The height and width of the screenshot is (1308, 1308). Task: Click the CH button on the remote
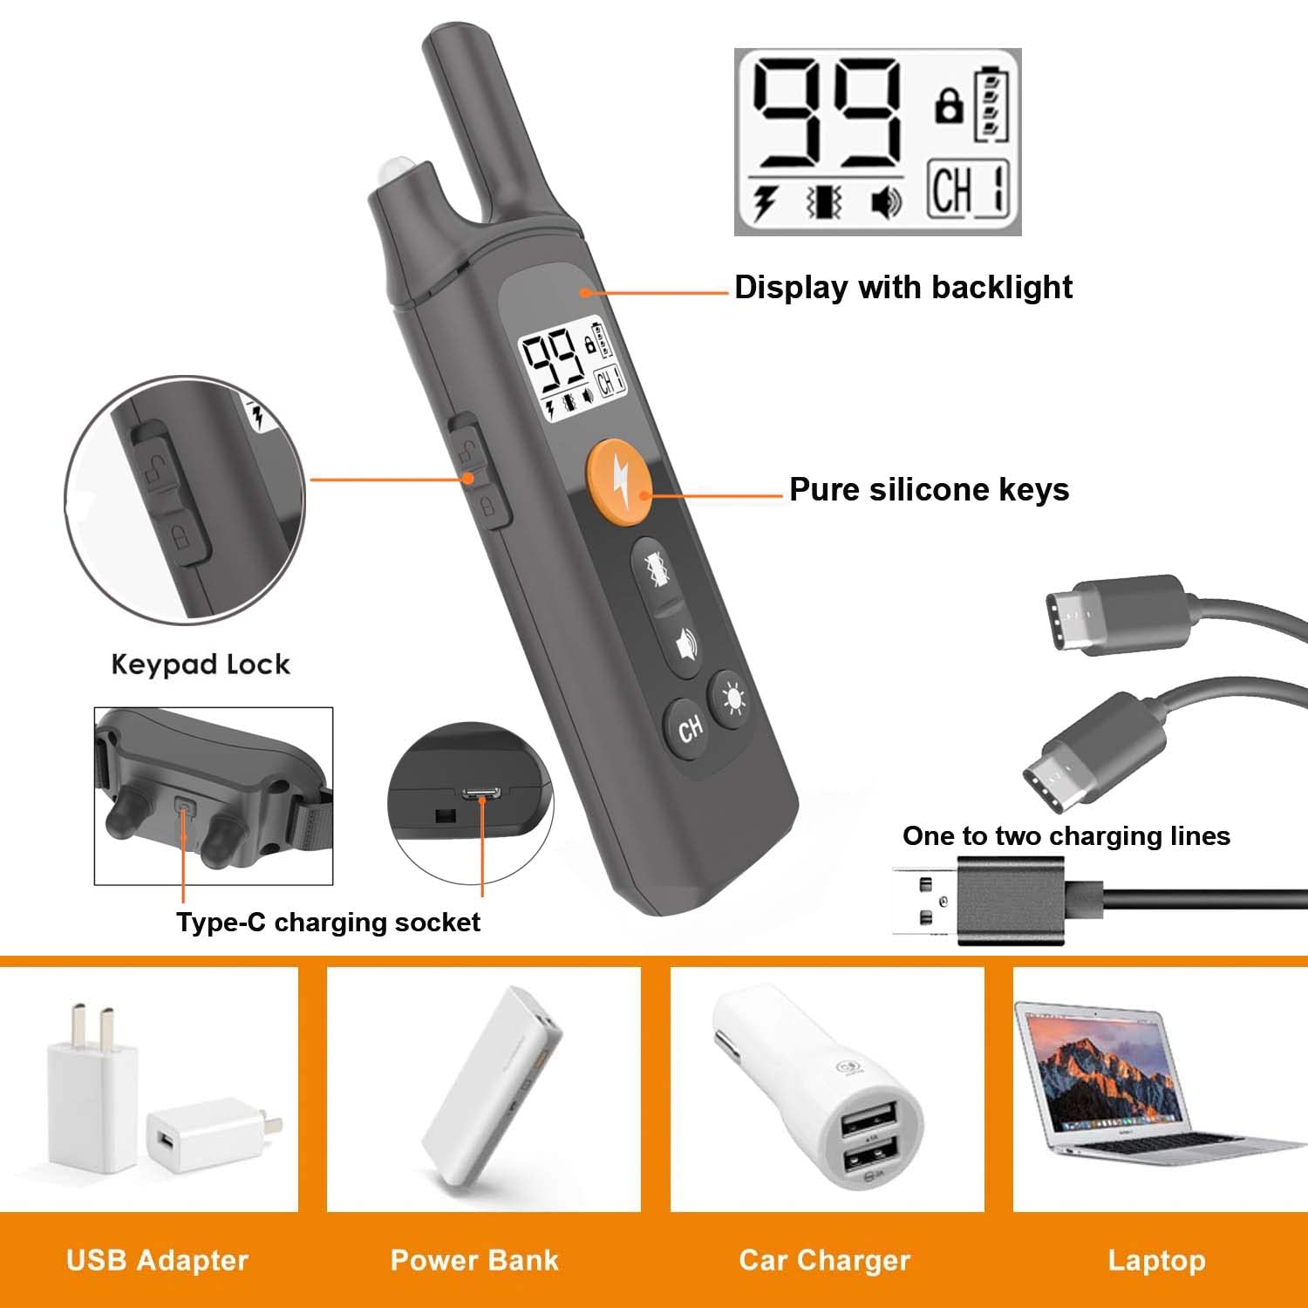pyautogui.click(x=690, y=727)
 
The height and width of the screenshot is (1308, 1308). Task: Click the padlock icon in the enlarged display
pyautogui.click(x=949, y=106)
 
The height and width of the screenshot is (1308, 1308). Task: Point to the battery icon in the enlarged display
pyautogui.click(x=991, y=104)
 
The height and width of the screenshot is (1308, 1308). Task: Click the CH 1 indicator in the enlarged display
pyautogui.click(x=968, y=189)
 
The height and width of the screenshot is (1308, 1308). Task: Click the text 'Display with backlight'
pyautogui.click(x=903, y=288)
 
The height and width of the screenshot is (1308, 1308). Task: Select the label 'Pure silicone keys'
pyautogui.click(x=929, y=490)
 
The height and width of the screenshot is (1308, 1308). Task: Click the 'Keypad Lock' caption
pyautogui.click(x=201, y=664)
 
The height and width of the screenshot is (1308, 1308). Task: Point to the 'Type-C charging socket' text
pyautogui.click(x=328, y=923)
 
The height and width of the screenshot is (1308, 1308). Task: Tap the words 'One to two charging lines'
pyautogui.click(x=1066, y=836)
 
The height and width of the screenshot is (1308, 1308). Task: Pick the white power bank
pyautogui.click(x=493, y=1087)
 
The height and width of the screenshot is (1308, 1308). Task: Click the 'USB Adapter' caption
pyautogui.click(x=157, y=1260)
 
